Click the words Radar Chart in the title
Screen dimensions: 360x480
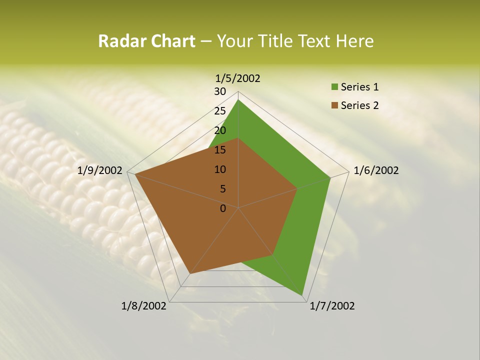pos(146,41)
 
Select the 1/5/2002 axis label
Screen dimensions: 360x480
pos(238,78)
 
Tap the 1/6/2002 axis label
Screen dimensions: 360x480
pos(376,170)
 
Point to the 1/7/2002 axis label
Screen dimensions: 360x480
pos(332,306)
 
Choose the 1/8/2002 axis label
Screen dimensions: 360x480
pos(144,306)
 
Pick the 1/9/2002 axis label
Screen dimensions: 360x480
pos(100,170)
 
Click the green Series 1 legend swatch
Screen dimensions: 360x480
pos(334,87)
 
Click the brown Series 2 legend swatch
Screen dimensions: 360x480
pos(334,105)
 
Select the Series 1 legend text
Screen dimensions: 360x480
pos(359,87)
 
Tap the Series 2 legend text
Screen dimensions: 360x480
pos(359,105)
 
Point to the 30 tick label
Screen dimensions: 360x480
pos(220,91)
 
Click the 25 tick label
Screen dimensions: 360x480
pos(220,111)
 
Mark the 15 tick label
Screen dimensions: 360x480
pos(220,150)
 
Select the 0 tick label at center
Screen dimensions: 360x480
pos(223,208)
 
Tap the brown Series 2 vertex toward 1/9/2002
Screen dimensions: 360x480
pos(135,174)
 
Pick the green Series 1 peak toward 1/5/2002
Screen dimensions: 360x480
pos(238,99)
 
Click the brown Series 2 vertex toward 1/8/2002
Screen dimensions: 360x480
pos(190,274)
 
